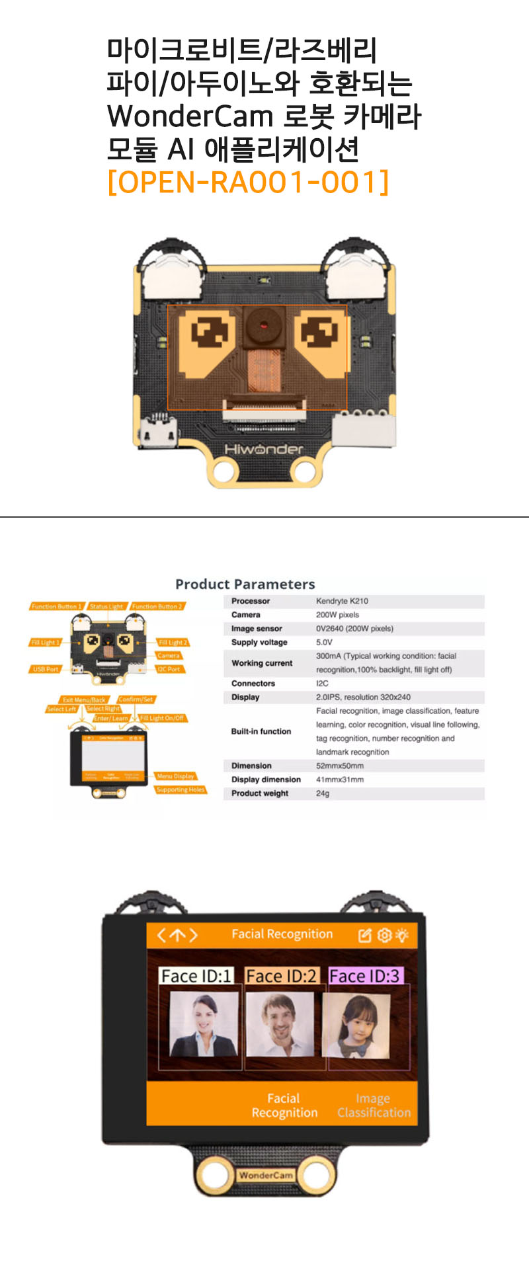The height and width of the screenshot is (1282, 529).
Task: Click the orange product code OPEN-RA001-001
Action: [x=248, y=182]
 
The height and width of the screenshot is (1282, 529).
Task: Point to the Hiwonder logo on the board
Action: [x=264, y=449]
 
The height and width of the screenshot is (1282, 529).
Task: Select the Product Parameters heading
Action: [x=245, y=584]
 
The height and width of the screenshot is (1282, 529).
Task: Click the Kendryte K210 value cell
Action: [x=342, y=601]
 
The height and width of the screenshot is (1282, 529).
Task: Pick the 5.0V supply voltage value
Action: [x=324, y=642]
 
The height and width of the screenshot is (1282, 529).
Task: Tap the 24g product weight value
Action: [x=322, y=793]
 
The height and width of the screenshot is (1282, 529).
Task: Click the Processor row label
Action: [x=251, y=601]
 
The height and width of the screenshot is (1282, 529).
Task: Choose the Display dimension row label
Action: [x=266, y=780]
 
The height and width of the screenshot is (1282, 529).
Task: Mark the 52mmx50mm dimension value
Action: [x=339, y=766]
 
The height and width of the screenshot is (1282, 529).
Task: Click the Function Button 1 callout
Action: [x=56, y=606]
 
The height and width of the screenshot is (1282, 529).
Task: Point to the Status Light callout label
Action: [x=106, y=606]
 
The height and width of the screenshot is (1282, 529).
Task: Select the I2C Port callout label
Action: [x=169, y=669]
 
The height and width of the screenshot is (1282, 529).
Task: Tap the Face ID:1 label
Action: [x=196, y=976]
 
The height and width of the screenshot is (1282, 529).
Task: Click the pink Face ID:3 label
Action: [x=364, y=976]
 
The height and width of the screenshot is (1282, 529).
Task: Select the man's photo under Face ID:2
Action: [x=281, y=1024]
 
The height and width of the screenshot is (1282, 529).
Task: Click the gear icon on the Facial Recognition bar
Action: [x=384, y=935]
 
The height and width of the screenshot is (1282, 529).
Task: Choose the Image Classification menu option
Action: [x=374, y=1105]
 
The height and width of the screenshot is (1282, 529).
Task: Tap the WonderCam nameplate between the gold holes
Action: [x=265, y=1176]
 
